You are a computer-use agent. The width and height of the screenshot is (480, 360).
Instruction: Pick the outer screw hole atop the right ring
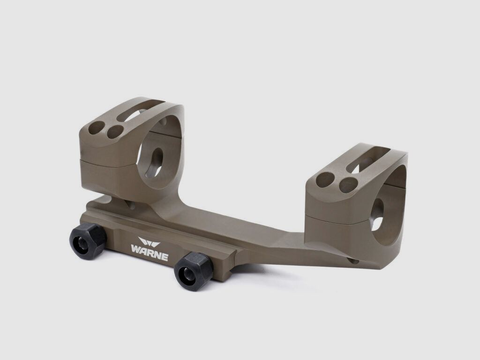pos(324,177)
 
